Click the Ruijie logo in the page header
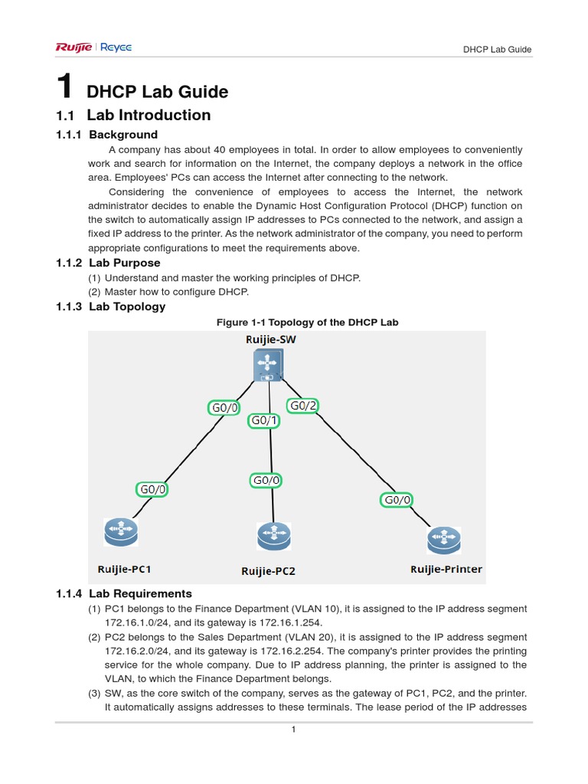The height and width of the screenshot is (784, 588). pos(73,47)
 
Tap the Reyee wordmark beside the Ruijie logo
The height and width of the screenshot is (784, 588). pos(115,47)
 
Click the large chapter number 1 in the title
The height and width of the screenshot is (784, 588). pos(65,88)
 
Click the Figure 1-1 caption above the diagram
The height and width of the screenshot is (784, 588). pos(308,322)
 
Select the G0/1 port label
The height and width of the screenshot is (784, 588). pos(264,420)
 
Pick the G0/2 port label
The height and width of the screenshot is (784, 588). pos(302,406)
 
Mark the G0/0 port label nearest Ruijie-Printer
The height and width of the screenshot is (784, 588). pos(397,500)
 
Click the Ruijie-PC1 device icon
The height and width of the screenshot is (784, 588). pos(120,531)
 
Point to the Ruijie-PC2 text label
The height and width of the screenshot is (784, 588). pos(268,571)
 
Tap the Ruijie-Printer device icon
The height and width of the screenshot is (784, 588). pos(444,541)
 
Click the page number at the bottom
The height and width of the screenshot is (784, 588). pos(293,730)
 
